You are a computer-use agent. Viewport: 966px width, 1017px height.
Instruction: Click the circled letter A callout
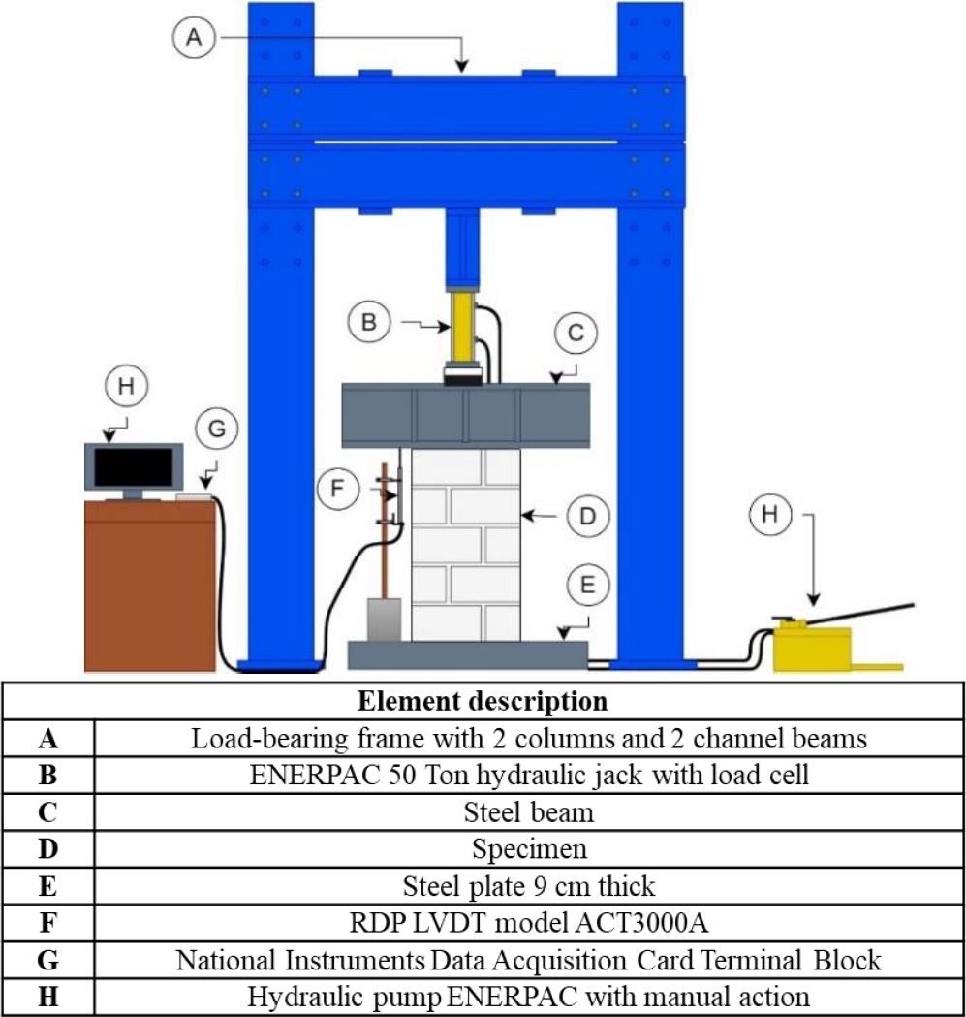coord(193,38)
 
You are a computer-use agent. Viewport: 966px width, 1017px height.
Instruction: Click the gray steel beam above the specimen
coord(466,415)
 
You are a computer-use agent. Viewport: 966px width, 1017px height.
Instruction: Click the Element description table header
coord(482,700)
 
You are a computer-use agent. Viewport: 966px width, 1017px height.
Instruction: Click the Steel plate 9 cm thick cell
coord(528,885)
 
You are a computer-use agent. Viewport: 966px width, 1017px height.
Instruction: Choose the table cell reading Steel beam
coord(528,811)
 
